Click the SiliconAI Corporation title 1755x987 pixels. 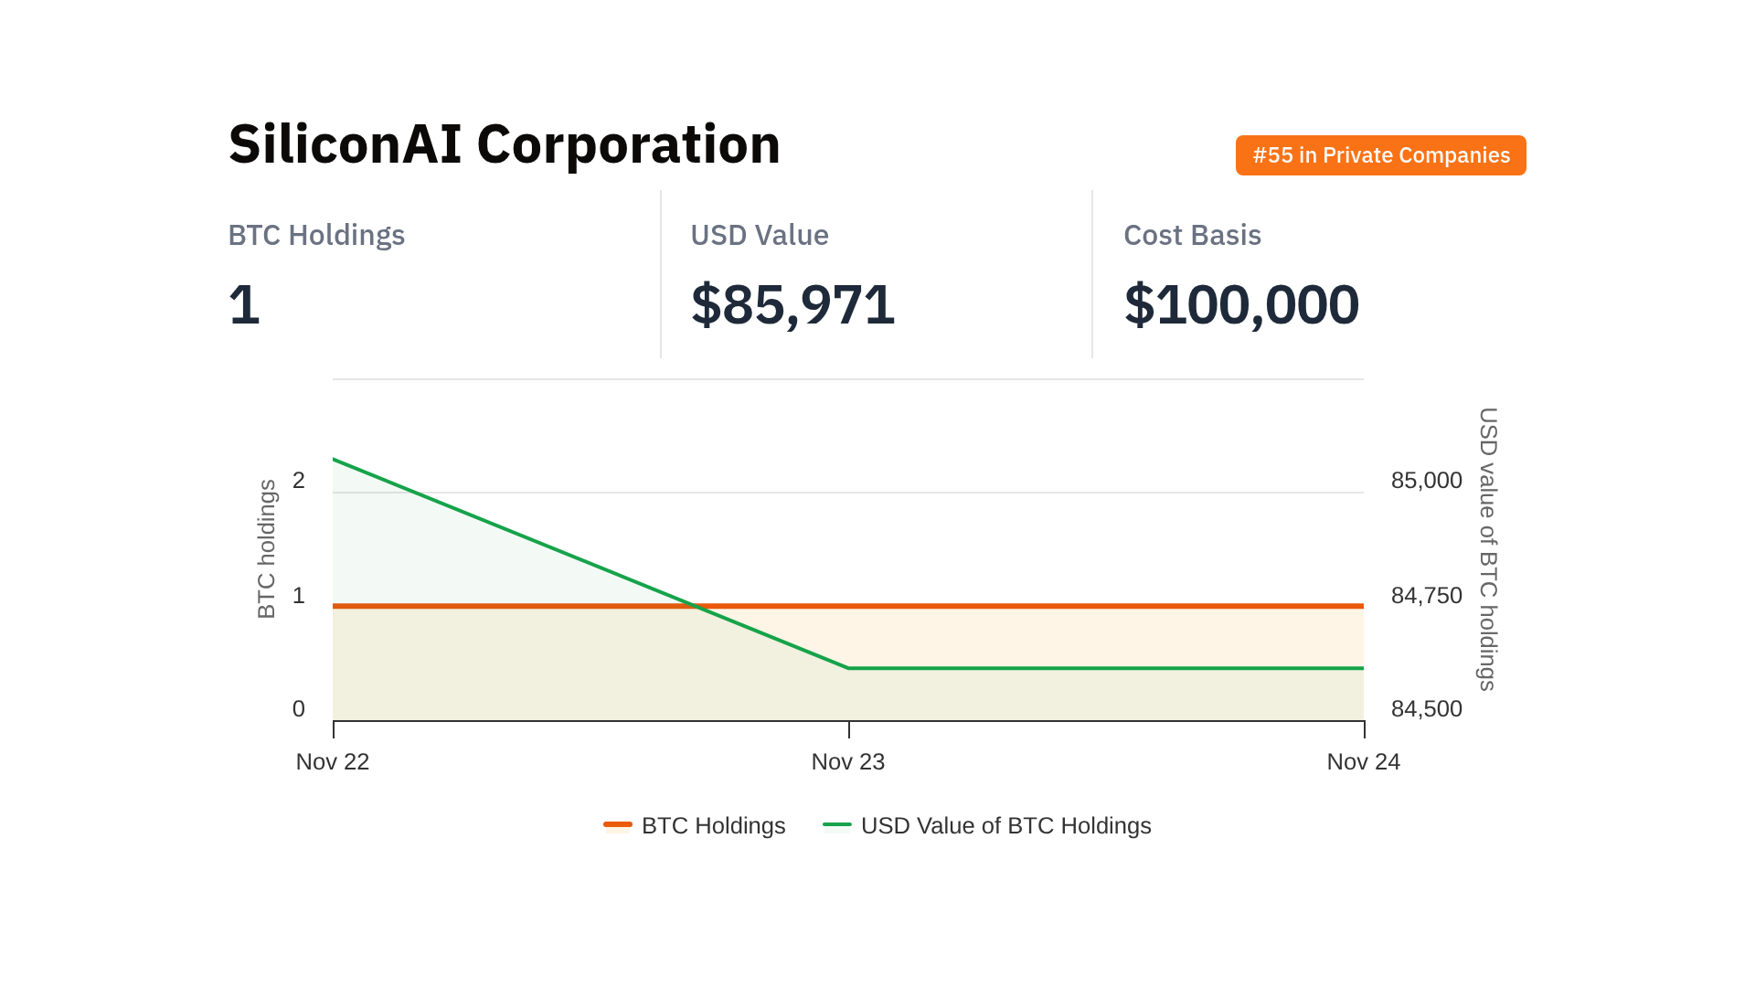click(x=505, y=144)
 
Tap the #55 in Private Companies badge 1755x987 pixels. click(x=1380, y=155)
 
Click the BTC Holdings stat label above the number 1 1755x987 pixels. click(x=316, y=235)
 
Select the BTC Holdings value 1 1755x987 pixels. click(x=244, y=304)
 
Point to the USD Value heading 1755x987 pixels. click(x=759, y=235)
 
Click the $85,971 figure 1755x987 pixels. click(x=792, y=304)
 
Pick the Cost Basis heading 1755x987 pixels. click(x=1192, y=235)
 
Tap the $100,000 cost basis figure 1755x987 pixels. click(x=1241, y=304)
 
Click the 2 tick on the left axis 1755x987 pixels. click(x=299, y=480)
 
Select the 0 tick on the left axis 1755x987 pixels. click(x=299, y=708)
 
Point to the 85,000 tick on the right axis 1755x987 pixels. click(x=1426, y=480)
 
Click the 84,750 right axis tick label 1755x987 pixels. click(x=1426, y=595)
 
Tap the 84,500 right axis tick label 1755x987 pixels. click(x=1426, y=708)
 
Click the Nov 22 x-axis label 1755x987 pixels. click(x=333, y=761)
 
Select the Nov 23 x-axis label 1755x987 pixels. click(x=848, y=761)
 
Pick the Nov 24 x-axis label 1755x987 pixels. click(x=1363, y=761)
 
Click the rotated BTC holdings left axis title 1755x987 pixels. click(x=267, y=549)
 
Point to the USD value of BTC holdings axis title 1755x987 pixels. click(x=1488, y=549)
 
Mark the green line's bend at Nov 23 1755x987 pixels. click(x=849, y=668)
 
